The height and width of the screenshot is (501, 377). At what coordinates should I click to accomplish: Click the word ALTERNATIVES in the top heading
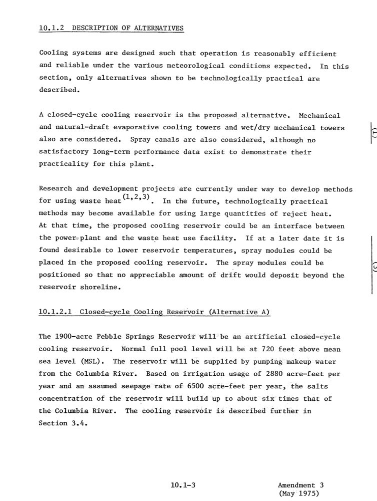tap(159, 28)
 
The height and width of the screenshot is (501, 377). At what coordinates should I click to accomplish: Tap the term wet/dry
tap(259, 128)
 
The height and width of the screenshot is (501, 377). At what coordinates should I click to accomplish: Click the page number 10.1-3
tap(182, 485)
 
